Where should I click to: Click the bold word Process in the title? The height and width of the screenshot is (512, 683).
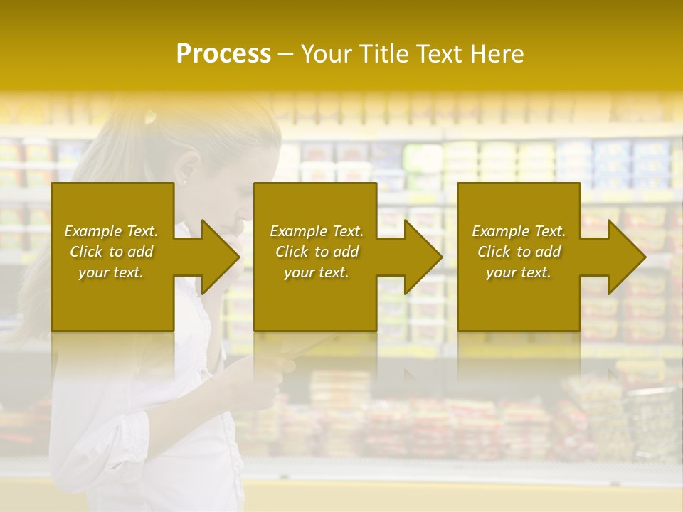(x=223, y=54)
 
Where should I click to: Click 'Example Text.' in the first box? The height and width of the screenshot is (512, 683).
(x=111, y=231)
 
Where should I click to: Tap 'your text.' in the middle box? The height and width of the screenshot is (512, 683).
(x=317, y=272)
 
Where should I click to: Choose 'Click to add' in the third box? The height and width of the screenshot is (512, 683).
(x=519, y=252)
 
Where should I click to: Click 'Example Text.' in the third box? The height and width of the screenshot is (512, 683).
(x=519, y=231)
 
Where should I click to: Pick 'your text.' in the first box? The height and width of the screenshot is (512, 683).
(x=111, y=272)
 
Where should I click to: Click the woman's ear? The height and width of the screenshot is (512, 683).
(x=189, y=171)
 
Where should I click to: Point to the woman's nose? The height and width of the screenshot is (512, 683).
(x=247, y=211)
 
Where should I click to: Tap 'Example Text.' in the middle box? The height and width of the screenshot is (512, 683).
(x=317, y=231)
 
